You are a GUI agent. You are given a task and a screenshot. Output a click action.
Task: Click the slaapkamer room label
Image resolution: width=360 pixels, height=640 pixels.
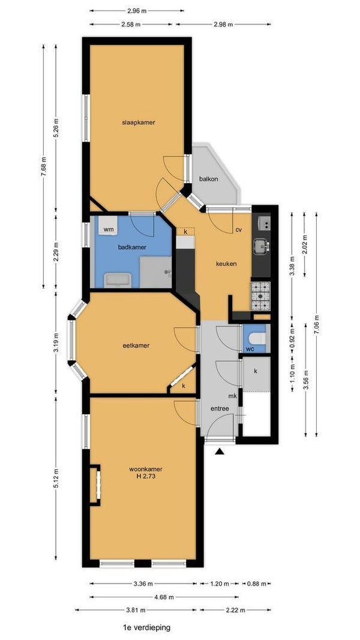(x=138, y=122)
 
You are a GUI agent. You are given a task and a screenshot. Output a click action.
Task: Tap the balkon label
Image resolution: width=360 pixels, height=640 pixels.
(x=208, y=179)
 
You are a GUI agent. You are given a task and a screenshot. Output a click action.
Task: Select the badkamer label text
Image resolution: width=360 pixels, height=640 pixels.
(x=132, y=247)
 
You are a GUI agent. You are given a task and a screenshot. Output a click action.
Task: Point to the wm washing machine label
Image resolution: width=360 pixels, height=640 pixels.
(x=108, y=229)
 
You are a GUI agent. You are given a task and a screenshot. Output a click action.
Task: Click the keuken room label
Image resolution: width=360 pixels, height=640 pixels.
(x=226, y=264)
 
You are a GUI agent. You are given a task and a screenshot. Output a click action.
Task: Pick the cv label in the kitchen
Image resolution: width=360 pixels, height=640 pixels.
(x=239, y=230)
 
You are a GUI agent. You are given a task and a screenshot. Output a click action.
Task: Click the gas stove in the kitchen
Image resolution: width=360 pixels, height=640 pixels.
(x=260, y=295)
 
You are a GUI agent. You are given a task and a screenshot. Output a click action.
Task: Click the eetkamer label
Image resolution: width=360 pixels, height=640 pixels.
(x=136, y=345)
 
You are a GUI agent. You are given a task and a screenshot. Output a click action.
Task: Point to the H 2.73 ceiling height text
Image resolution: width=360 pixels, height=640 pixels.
(x=142, y=475)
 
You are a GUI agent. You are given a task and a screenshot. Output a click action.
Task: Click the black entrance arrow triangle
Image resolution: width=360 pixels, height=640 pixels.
(x=220, y=451)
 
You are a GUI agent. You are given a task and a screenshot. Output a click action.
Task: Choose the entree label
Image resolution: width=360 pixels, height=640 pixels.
(x=220, y=409)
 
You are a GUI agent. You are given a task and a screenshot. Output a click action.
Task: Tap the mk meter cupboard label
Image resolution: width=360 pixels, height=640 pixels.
(x=233, y=396)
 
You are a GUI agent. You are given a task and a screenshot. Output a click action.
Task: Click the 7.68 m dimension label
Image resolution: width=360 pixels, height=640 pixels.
(x=44, y=166)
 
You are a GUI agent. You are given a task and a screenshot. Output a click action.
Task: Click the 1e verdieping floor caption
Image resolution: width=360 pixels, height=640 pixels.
(x=146, y=627)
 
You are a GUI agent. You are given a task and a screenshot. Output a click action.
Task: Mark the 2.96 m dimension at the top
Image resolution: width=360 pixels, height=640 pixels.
(x=137, y=11)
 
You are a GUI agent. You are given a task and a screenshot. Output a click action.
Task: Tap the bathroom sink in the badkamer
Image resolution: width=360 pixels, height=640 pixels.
(x=117, y=280)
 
